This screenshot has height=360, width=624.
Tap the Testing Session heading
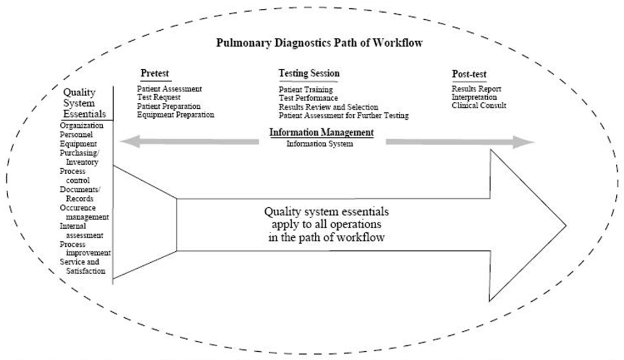pyautogui.click(x=309, y=74)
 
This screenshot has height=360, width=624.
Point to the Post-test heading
pyautogui.click(x=469, y=74)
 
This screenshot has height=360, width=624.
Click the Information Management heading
pyautogui.click(x=321, y=133)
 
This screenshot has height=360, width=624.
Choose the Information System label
pyautogui.click(x=319, y=144)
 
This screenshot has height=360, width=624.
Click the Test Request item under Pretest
pyautogui.click(x=159, y=97)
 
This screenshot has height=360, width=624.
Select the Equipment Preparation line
pyautogui.click(x=175, y=115)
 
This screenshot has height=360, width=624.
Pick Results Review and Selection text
pyautogui.click(x=328, y=107)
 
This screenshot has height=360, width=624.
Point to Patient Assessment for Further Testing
pyautogui.click(x=343, y=115)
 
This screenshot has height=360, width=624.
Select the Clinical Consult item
pyautogui.click(x=479, y=106)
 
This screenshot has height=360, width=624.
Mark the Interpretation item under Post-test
pyautogui.click(x=474, y=97)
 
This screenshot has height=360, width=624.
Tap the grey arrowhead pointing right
pyautogui.click(x=526, y=142)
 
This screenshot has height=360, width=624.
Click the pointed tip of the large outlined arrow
pyautogui.click(x=565, y=225)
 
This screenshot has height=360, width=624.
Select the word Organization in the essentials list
pyautogui.click(x=82, y=126)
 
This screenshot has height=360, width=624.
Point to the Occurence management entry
pyautogui.click(x=85, y=213)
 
